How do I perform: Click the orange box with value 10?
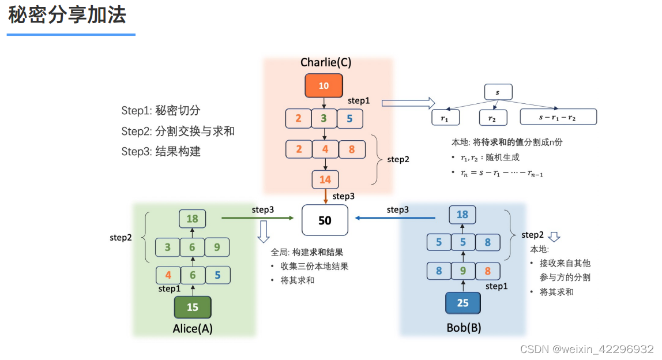point(324,85)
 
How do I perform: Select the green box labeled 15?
point(193,307)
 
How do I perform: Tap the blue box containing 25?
point(462,302)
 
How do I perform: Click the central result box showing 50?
point(325,220)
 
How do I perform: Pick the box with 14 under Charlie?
point(325,179)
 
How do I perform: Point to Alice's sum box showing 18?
point(192,219)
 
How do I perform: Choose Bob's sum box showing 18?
point(462,215)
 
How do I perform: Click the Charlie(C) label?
point(326,62)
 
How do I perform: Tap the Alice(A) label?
point(193,328)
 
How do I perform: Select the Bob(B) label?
point(464,328)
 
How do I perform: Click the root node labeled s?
point(498,92)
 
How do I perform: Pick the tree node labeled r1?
point(444,117)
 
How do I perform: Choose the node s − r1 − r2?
point(558,117)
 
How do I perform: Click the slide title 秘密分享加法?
point(67,16)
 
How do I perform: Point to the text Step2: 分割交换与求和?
point(178,131)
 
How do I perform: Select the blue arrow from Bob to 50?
point(395,218)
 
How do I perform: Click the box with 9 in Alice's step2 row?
point(217,247)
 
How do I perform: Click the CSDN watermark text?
point(586,349)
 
